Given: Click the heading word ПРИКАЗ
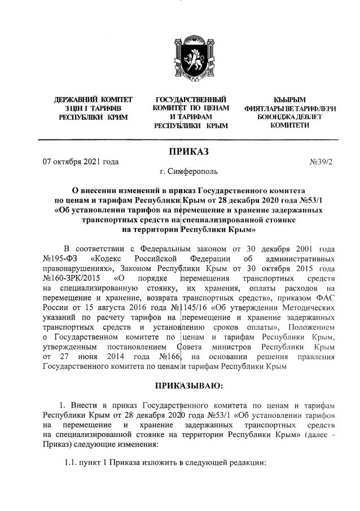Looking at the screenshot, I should pos(189,151).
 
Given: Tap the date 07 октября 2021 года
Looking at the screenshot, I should pos(81,161).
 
